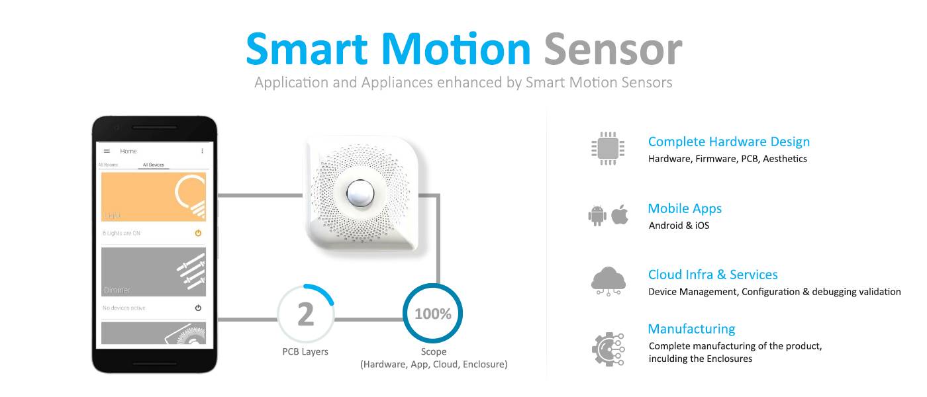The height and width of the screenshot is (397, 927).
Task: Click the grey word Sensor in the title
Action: click(612, 50)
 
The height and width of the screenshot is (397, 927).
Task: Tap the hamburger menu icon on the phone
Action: click(107, 151)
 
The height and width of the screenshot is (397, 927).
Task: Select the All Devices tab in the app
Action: click(153, 165)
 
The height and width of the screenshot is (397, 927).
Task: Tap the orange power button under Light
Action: click(198, 233)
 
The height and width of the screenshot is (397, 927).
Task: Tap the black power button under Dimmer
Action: click(198, 308)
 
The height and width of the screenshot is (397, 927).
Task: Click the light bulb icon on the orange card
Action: click(189, 196)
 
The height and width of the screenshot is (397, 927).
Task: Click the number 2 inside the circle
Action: click(305, 314)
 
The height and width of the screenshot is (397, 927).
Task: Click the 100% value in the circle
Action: click(432, 314)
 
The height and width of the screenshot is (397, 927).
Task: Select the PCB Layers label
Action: click(305, 351)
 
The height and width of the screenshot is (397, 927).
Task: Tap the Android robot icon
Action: click(597, 216)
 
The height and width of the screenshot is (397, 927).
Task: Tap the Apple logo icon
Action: click(620, 215)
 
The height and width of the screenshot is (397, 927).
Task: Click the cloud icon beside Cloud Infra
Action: click(608, 281)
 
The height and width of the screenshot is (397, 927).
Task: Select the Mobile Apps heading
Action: click(685, 208)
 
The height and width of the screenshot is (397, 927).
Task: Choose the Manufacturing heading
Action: click(691, 329)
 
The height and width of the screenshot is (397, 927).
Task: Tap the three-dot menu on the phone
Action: click(202, 151)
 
